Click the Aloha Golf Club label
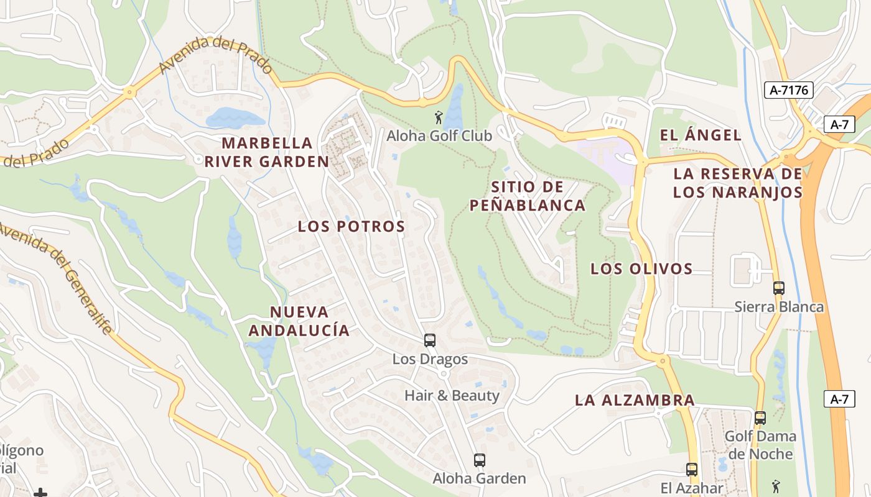[439, 135]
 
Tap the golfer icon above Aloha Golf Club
[439, 117]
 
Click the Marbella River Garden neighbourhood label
[267, 152]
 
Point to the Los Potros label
[352, 226]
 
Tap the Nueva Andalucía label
[299, 321]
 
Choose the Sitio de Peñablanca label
[528, 196]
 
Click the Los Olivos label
[641, 268]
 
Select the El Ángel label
[701, 135]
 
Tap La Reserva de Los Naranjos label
[738, 183]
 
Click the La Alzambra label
[635, 400]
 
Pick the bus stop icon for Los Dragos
[430, 340]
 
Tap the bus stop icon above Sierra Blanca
[778, 288]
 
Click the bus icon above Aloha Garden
[479, 460]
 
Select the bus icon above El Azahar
[692, 470]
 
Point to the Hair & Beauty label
[452, 395]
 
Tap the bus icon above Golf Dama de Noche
[760, 418]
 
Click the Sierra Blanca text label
[779, 307]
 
